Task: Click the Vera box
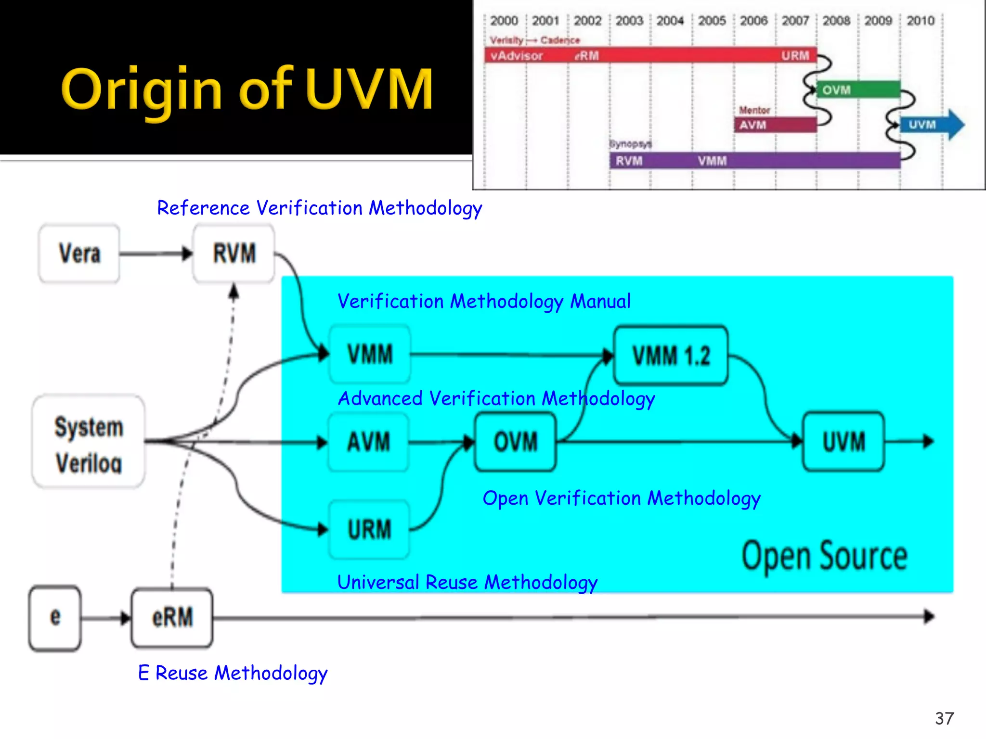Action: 79,254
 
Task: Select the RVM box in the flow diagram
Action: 234,254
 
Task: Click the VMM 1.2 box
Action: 671,356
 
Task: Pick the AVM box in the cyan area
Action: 369,442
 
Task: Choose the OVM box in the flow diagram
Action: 515,442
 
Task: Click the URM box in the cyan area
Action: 369,529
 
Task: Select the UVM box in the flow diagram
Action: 843,442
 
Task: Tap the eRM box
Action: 172,618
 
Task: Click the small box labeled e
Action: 55,618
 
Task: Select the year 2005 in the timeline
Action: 712,21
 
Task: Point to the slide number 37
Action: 944,718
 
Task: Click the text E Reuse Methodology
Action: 233,673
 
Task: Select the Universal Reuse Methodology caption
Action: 467,582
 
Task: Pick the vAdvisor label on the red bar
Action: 517,56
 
